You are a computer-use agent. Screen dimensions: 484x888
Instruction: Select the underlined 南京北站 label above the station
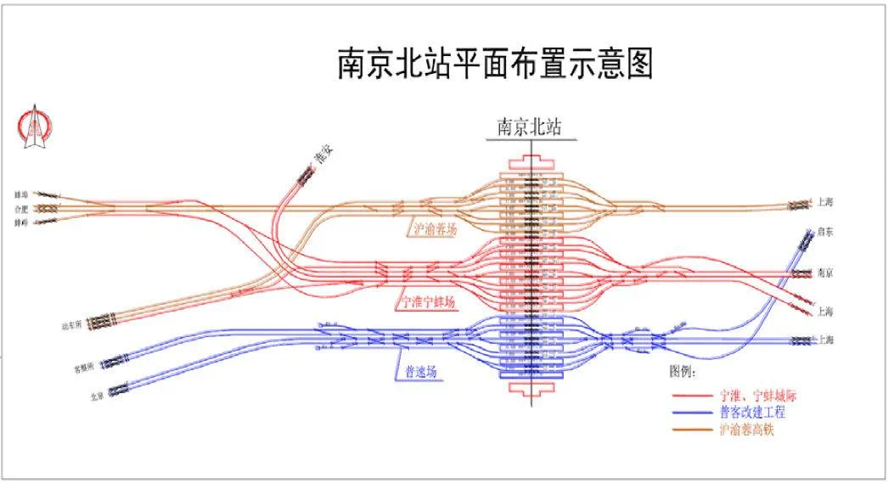pyautogui.click(x=530, y=128)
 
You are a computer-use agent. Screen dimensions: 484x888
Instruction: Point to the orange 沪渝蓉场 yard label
pyautogui.click(x=436, y=228)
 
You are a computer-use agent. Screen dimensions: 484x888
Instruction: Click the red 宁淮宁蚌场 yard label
pyautogui.click(x=428, y=302)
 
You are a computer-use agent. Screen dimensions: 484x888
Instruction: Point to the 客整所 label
pyautogui.click(x=81, y=369)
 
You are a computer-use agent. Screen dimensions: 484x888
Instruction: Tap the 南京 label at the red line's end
pyautogui.click(x=825, y=273)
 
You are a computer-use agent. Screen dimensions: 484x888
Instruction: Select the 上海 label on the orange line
pyautogui.click(x=825, y=202)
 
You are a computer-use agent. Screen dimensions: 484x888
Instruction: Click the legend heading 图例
pyautogui.click(x=685, y=373)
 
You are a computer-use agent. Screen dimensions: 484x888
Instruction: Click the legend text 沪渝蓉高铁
pyautogui.click(x=747, y=430)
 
